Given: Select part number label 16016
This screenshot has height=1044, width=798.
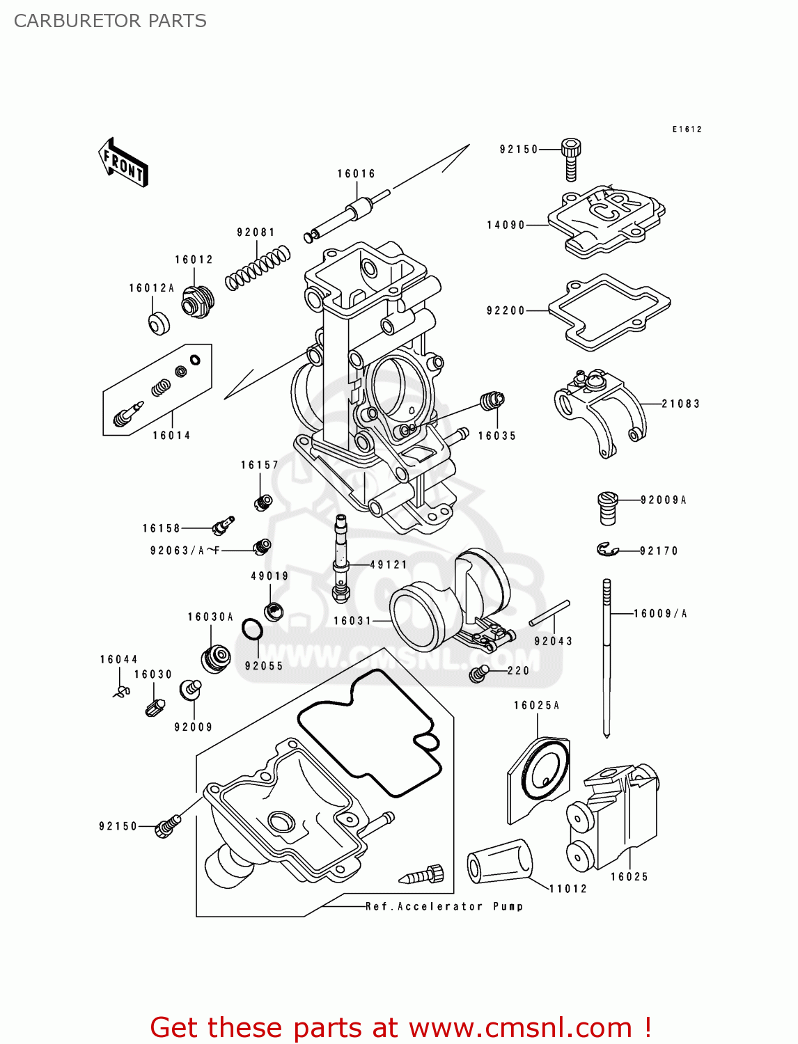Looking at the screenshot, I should click(356, 174).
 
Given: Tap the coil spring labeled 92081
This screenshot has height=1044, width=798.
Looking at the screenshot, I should click(257, 268).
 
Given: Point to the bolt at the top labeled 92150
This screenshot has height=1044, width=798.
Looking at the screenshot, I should click(571, 159).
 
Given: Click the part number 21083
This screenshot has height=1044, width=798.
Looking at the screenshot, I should click(680, 404).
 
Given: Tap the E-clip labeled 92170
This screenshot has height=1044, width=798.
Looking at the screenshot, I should click(607, 551).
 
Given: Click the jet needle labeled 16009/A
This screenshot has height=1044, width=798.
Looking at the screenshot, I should click(607, 654).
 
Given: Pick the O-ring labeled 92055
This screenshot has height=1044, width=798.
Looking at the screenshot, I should click(252, 631).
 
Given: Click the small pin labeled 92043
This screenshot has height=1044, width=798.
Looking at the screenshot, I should click(549, 613).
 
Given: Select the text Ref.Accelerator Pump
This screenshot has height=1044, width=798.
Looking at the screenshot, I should click(444, 906).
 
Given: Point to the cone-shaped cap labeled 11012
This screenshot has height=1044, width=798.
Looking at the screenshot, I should click(499, 862).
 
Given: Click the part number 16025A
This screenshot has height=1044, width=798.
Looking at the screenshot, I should click(536, 706).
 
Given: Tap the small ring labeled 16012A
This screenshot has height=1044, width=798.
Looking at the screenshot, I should click(159, 324).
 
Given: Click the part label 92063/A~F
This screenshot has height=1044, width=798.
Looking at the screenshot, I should click(185, 551).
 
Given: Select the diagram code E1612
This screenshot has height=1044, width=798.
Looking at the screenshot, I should click(687, 129).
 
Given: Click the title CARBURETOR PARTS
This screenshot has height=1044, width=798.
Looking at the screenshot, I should click(110, 21).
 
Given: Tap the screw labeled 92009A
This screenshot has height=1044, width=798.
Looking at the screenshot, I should click(607, 507).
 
